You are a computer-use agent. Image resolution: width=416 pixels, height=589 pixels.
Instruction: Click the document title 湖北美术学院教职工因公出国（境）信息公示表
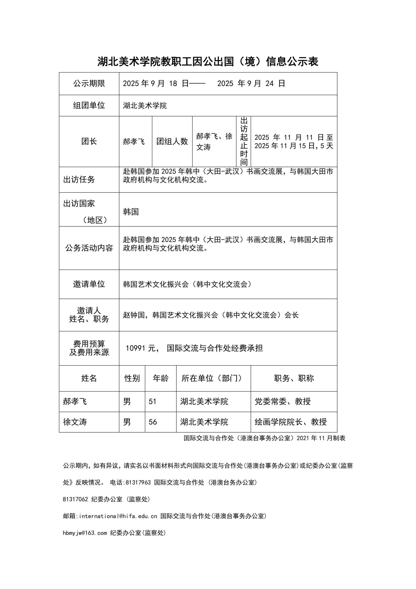coord(208,62)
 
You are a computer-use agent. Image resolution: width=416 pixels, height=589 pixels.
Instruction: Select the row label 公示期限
coord(89,83)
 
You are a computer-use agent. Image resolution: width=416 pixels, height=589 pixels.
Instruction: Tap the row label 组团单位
coord(89,105)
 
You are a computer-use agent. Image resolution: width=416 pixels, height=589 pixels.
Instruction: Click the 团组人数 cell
coord(172,141)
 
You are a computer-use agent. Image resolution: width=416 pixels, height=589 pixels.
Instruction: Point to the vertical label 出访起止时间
coord(244,141)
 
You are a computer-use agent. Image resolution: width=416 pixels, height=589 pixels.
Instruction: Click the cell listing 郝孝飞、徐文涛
coord(214,141)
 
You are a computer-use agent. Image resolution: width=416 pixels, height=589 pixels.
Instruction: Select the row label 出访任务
coord(79,180)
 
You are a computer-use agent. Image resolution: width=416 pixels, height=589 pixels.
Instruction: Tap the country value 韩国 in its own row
coord(131,212)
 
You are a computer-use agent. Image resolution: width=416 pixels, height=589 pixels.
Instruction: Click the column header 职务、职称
coord(294,378)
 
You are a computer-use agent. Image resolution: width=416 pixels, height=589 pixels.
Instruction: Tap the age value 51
coord(152,401)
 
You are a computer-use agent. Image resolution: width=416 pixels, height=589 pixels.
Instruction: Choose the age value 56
coord(153,422)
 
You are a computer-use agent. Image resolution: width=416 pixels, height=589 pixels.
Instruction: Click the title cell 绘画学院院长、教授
coord(290,422)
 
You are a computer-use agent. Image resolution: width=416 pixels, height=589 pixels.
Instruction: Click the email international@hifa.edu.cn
coord(118,516)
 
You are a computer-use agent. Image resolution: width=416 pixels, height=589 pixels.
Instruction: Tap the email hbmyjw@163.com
coord(85,533)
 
